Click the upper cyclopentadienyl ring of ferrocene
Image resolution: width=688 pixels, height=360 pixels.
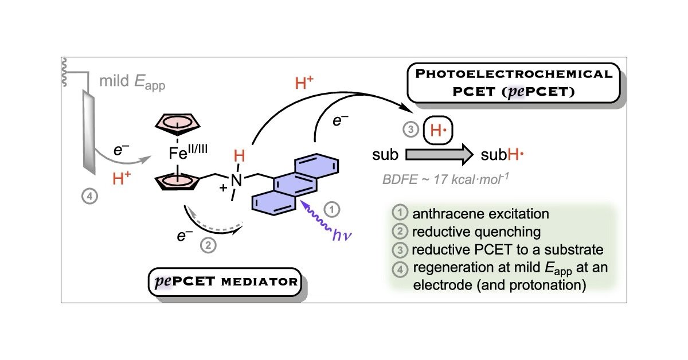point(175,127)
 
